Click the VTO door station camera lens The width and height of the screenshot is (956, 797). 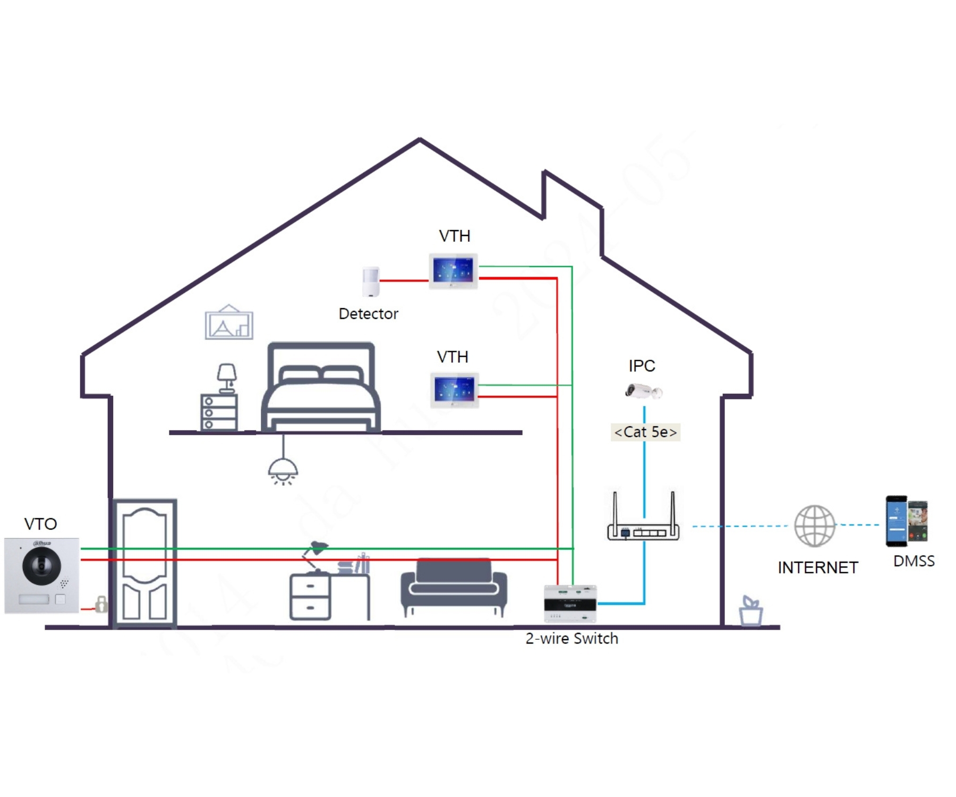pos(41,566)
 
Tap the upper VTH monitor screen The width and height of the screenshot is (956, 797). pos(453,270)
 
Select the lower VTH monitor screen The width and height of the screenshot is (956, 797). pos(454,389)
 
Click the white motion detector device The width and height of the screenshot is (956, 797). pos(371,282)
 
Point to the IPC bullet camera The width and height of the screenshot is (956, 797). pos(643,392)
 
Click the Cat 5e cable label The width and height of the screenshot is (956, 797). pos(645,432)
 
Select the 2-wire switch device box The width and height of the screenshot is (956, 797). pos(570,604)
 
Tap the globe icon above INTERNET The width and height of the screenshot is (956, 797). pos(814,526)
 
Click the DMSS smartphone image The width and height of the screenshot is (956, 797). pos(907,521)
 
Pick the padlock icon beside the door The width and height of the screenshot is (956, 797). pos(101,604)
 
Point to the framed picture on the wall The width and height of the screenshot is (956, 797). pos(229,323)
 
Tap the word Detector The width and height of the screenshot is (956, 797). pos(368,314)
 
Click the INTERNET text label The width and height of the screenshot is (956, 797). pos(817,567)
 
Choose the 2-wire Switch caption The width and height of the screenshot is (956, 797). pos(571,638)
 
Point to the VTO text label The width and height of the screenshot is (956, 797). pos(40,524)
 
